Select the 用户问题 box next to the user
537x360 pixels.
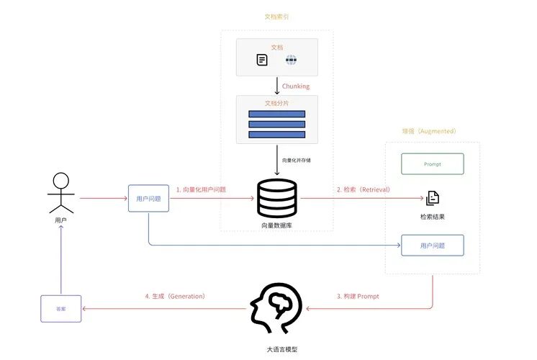[x=148, y=198]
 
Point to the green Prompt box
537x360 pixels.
[x=432, y=164]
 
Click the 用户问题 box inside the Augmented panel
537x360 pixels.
[x=432, y=246]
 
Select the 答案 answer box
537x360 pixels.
[x=60, y=308]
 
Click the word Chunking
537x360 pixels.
[x=296, y=86]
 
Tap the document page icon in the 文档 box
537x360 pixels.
[x=263, y=60]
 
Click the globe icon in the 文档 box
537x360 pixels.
[x=291, y=60]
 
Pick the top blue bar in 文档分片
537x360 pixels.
[x=276, y=114]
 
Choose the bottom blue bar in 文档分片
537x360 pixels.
[x=276, y=135]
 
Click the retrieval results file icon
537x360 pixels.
[x=432, y=198]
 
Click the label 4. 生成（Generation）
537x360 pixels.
[x=175, y=296]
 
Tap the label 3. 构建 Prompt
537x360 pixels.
[x=358, y=296]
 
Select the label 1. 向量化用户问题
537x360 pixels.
[x=201, y=189]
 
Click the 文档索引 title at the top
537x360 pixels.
[x=276, y=15]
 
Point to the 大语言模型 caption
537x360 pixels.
[x=276, y=349]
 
